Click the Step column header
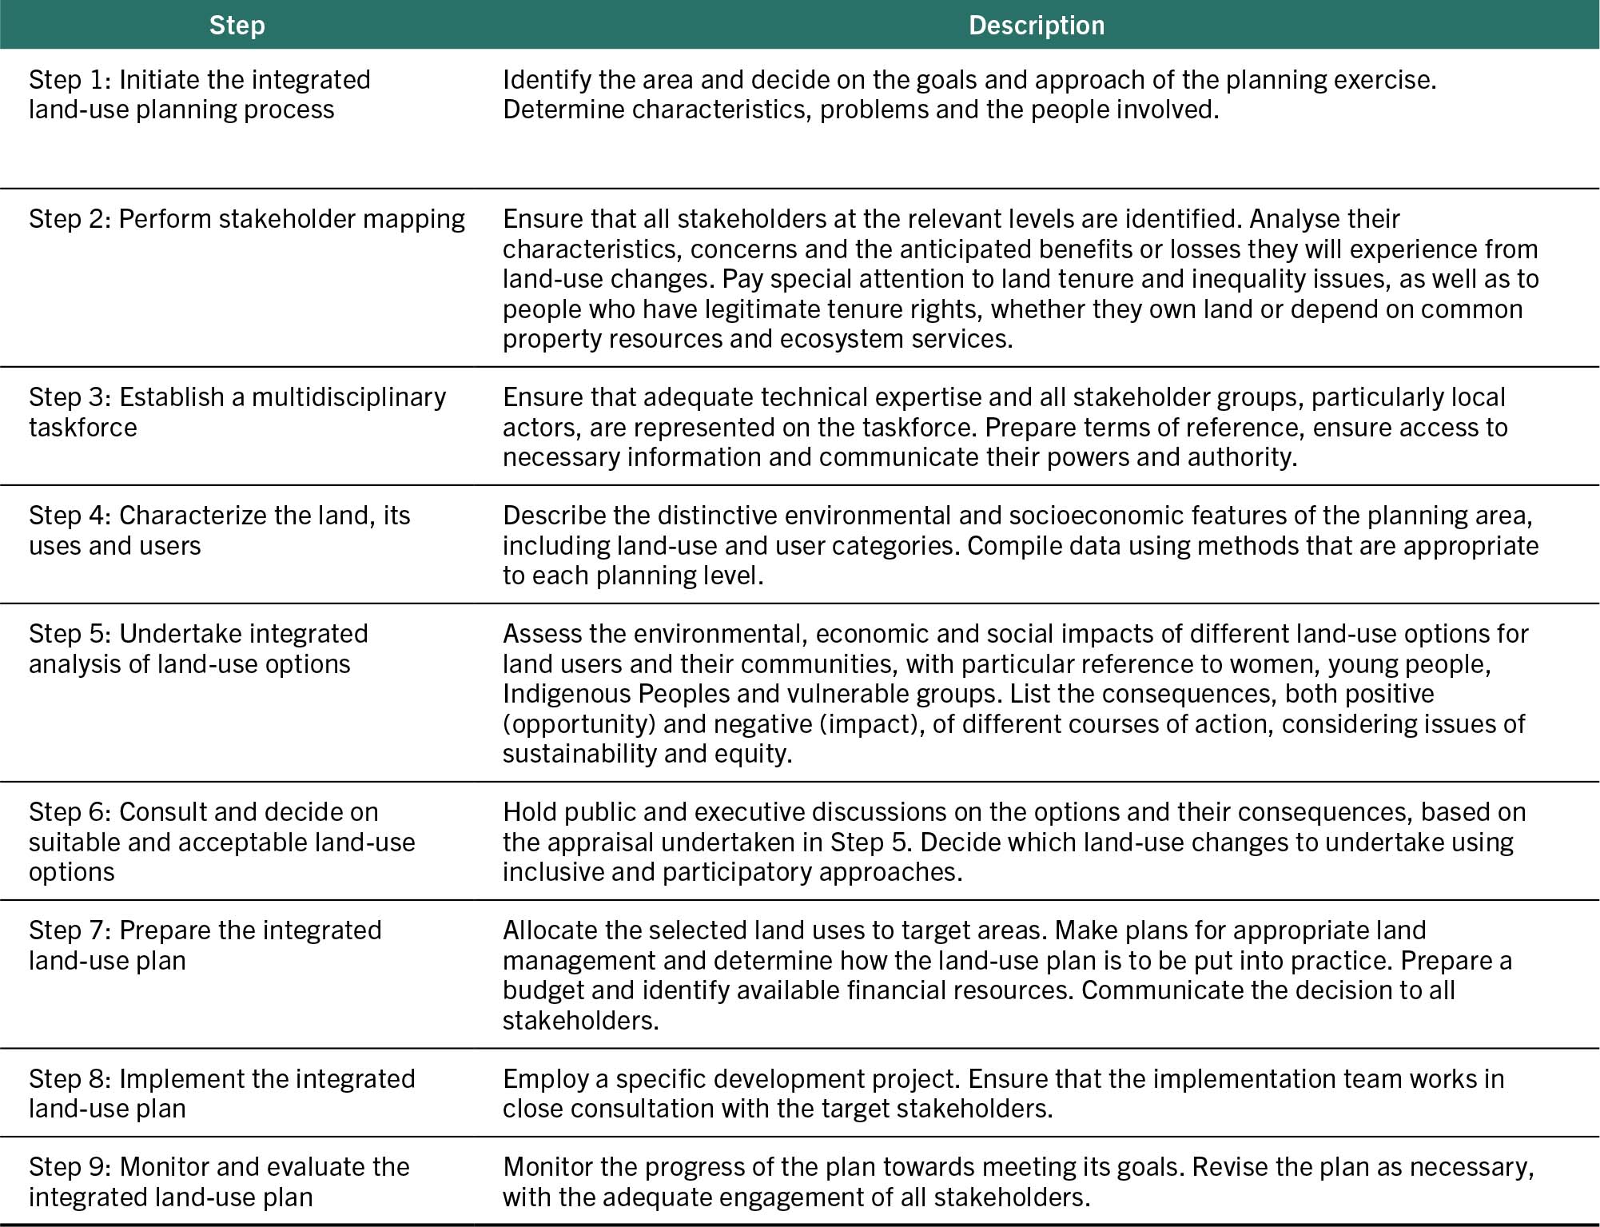[x=237, y=26]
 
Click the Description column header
[x=1036, y=26]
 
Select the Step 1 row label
[x=199, y=94]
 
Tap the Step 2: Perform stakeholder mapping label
[x=246, y=219]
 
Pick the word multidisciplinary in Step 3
[x=348, y=397]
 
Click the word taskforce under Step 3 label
[x=82, y=428]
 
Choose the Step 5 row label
[x=198, y=648]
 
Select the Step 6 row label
[x=221, y=842]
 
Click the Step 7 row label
[x=205, y=945]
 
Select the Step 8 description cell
[x=1002, y=1094]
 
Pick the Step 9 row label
[x=219, y=1181]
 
